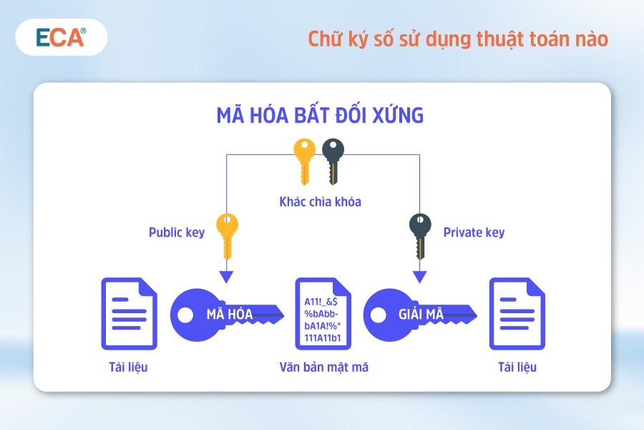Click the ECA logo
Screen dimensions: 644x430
(62, 37)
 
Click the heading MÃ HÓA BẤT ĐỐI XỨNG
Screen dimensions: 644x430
(320, 115)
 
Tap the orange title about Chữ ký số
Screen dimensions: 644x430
(458, 39)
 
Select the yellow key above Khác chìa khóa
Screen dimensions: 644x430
(304, 161)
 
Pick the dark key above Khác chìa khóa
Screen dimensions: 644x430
(333, 161)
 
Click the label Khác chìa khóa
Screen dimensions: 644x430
(321, 201)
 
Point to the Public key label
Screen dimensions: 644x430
(177, 232)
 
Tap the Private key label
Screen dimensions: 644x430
(474, 232)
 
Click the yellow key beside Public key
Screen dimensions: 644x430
(227, 236)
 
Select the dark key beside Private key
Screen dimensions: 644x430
(420, 236)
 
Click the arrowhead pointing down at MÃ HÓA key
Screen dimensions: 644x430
(226, 277)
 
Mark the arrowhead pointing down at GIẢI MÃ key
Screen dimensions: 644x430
(419, 277)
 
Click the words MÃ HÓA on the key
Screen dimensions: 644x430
(230, 315)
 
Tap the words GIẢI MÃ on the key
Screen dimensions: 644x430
(421, 315)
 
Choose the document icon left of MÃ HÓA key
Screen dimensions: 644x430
(130, 314)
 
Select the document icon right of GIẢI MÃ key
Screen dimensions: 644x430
(517, 314)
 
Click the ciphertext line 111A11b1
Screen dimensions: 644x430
(323, 338)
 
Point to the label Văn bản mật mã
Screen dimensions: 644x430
(323, 367)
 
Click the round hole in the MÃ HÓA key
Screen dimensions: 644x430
(185, 315)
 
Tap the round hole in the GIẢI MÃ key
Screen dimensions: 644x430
(379, 315)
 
